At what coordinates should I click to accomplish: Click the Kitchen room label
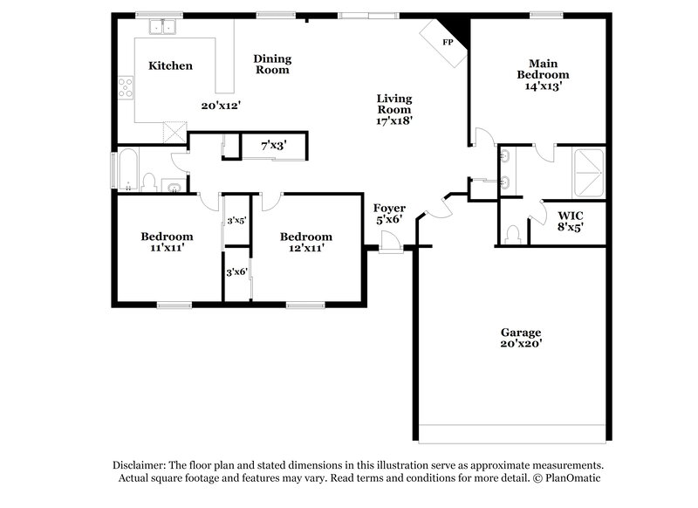pyautogui.click(x=170, y=66)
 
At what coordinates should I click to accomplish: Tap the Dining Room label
pyautogui.click(x=272, y=65)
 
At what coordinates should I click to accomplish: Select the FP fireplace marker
pyautogui.click(x=448, y=42)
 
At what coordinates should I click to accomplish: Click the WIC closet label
pyautogui.click(x=571, y=215)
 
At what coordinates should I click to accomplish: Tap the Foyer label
pyautogui.click(x=388, y=208)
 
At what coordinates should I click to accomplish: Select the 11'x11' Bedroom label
pyautogui.click(x=167, y=243)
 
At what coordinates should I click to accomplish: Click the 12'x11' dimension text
pyautogui.click(x=305, y=249)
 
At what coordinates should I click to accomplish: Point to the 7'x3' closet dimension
pyautogui.click(x=274, y=147)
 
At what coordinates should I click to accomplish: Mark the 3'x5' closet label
pyautogui.click(x=236, y=221)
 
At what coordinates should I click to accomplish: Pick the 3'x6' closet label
pyautogui.click(x=236, y=272)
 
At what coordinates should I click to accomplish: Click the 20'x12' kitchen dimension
pyautogui.click(x=221, y=105)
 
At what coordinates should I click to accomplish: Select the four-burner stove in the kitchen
pyautogui.click(x=126, y=86)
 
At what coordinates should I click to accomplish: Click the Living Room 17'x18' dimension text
pyautogui.click(x=394, y=121)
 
